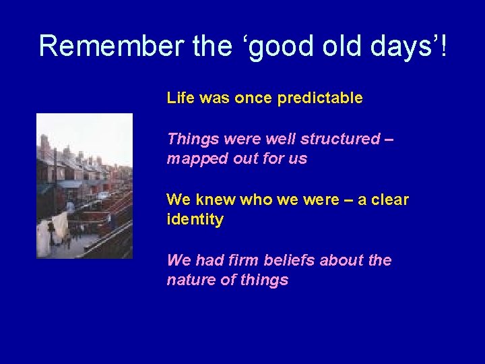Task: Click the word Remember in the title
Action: [109, 46]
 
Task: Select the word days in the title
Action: [393, 46]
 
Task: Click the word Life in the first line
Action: [180, 98]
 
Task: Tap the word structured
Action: [340, 139]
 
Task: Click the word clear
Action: [389, 200]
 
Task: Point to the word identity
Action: [195, 220]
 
